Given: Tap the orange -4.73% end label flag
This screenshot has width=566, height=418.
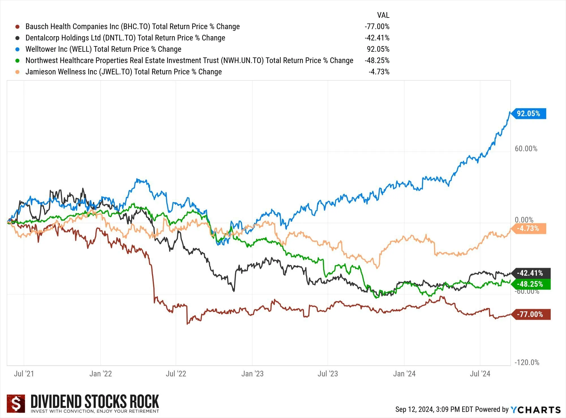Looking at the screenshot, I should (x=529, y=229).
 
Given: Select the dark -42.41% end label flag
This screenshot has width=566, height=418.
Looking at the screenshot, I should (x=530, y=273).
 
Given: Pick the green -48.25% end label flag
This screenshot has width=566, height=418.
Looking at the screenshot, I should (x=530, y=284).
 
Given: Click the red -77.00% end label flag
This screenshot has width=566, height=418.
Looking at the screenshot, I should (x=530, y=314).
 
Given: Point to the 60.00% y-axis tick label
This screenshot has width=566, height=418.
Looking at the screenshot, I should (x=526, y=149).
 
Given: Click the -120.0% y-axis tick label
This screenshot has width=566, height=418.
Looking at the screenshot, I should (x=527, y=363).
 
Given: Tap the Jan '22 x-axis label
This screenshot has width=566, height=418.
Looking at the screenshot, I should (x=100, y=374).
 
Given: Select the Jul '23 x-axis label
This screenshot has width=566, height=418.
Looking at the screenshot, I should (x=328, y=374).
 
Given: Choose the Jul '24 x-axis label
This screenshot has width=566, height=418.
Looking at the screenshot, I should (x=480, y=374).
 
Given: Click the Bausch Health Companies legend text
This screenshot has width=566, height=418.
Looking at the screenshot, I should (x=132, y=27).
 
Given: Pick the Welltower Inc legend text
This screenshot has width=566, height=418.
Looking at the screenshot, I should (x=103, y=49).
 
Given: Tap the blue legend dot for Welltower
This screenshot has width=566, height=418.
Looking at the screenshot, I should (x=18, y=49).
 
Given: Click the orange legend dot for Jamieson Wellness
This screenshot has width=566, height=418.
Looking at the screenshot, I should (x=18, y=72).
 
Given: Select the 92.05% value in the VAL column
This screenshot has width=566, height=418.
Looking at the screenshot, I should (x=378, y=49).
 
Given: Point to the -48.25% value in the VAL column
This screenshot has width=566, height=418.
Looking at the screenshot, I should (x=377, y=61).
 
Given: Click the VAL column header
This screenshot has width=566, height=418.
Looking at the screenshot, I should (x=383, y=15).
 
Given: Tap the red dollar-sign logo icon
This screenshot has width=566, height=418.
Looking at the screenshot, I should (x=16, y=404).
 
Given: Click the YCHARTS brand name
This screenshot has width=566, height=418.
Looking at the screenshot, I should (x=535, y=410).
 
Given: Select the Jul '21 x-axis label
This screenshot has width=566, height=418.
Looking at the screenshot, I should (x=24, y=374).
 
